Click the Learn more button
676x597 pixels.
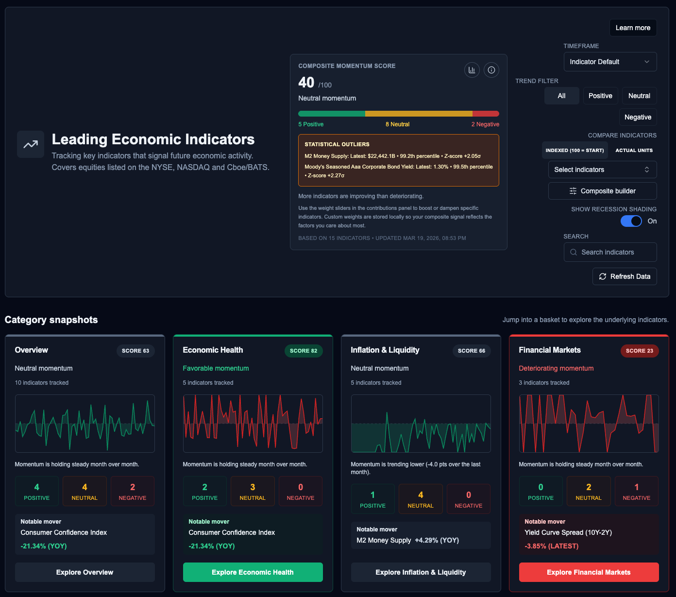[633, 28]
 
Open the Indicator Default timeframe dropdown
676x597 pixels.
[610, 62]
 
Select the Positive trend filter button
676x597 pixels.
[600, 96]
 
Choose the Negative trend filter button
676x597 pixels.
[638, 117]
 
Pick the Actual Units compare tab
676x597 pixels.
[634, 150]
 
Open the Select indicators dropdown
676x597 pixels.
[602, 170]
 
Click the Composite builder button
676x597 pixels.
[602, 191]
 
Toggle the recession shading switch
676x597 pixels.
[631, 221]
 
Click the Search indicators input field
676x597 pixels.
[610, 252]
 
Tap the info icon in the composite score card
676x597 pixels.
[491, 70]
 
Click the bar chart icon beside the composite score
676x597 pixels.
[472, 70]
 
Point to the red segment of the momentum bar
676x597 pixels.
[486, 114]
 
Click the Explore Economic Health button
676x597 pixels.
[253, 572]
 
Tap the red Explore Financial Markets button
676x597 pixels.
[589, 572]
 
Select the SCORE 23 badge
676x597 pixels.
[639, 351]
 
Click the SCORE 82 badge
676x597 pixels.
[303, 351]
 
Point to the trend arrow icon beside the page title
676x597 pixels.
[31, 144]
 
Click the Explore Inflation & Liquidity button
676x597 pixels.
[421, 572]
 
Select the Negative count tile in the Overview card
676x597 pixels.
[133, 491]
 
